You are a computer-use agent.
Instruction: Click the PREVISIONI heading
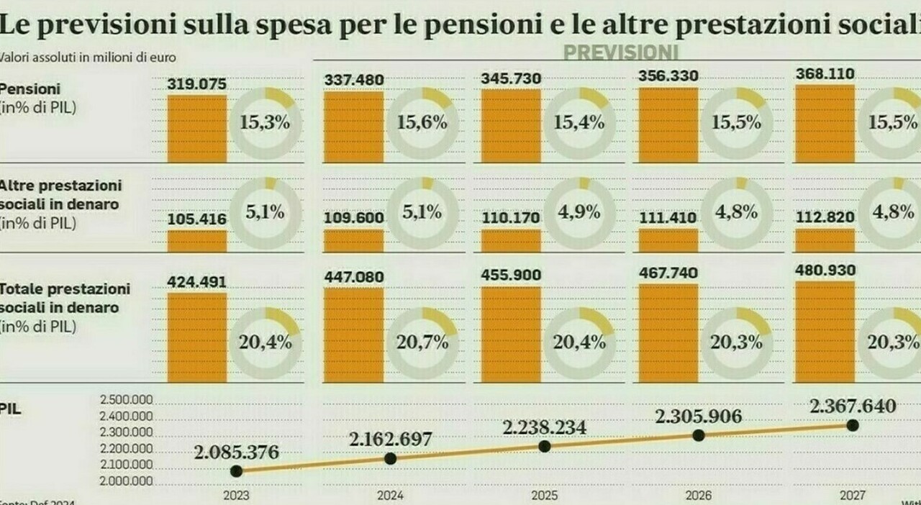tap(620, 53)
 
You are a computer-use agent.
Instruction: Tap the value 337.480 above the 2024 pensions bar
tap(354, 79)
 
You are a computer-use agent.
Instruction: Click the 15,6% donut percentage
tap(421, 123)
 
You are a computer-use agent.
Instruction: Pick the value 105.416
tap(197, 219)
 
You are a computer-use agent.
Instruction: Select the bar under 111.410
tap(668, 240)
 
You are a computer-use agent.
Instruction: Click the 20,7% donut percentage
tap(422, 342)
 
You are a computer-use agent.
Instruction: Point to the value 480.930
tap(826, 270)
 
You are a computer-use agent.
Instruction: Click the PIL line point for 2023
tap(236, 470)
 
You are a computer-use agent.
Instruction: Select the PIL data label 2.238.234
tap(544, 427)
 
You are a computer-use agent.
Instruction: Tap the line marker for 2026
tap(699, 435)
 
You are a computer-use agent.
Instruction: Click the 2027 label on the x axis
tap(853, 496)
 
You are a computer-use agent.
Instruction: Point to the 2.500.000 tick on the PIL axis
tap(126, 400)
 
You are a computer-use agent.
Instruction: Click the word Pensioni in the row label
tap(30, 89)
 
